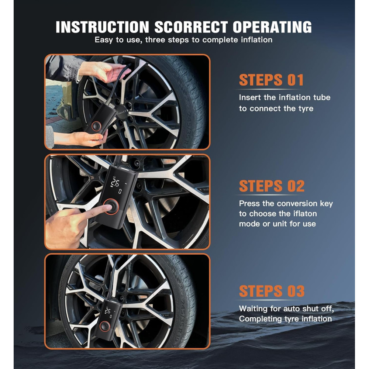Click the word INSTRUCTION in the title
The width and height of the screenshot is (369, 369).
[x=102, y=27]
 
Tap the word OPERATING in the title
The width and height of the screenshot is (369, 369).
[x=272, y=27]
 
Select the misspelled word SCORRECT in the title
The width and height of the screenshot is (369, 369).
[x=191, y=27]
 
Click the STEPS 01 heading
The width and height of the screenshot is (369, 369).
[x=271, y=80]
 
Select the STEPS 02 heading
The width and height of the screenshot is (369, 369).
[x=272, y=186]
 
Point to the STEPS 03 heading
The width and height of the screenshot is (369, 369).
[x=272, y=291]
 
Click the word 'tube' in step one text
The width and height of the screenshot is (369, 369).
[x=322, y=97]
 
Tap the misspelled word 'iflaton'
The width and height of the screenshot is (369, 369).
[x=305, y=214]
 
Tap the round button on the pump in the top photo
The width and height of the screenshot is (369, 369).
[x=96, y=126]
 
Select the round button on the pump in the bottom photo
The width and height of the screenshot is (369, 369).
[x=105, y=326]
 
